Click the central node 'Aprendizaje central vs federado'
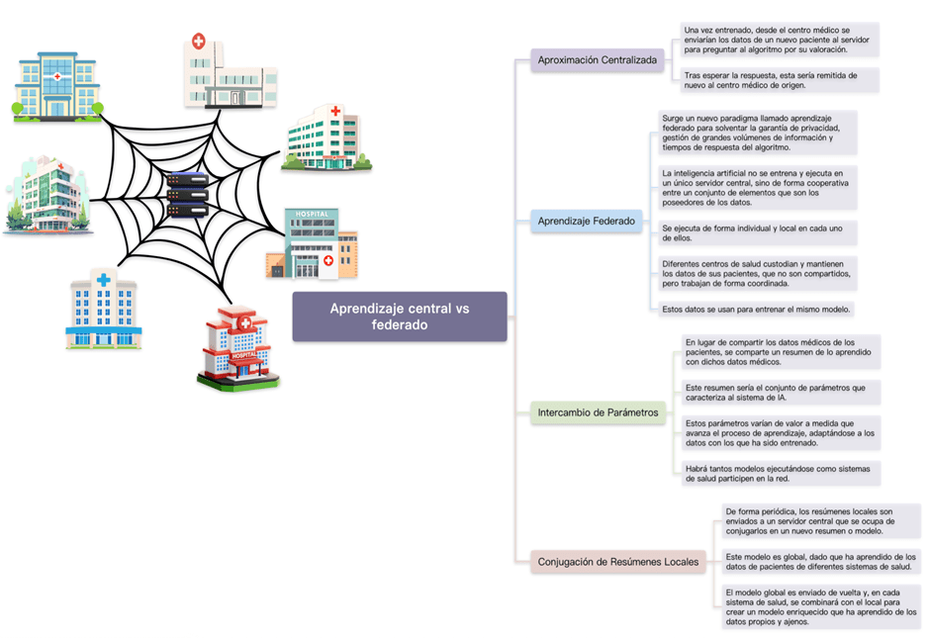[400, 317]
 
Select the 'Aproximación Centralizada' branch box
[597, 60]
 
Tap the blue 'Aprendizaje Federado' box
[587, 222]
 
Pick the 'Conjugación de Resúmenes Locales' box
[618, 563]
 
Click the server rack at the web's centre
[186, 195]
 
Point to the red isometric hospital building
[237, 347]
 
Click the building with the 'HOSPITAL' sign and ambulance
[312, 243]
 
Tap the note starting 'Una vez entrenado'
[780, 40]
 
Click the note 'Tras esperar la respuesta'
[780, 80]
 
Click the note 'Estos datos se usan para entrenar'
[757, 309]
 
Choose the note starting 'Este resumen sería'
[781, 393]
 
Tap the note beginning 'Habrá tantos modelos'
[781, 473]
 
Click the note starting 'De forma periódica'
[820, 521]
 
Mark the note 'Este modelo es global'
[820, 562]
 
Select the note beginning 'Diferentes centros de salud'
[757, 274]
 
